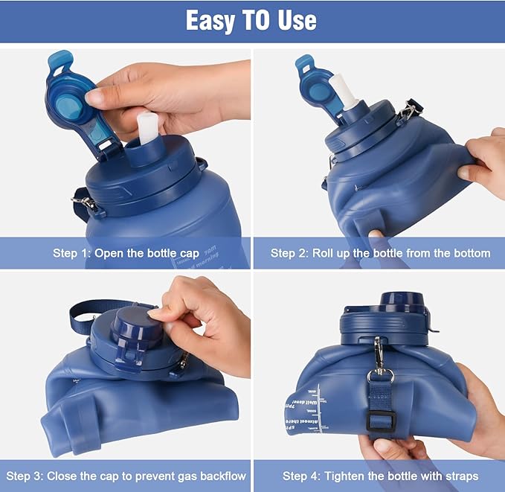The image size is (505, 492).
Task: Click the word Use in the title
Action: (295, 20)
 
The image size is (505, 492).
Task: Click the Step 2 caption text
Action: (380, 253)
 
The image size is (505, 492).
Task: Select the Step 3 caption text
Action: (126, 476)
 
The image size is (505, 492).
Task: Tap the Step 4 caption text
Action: (380, 476)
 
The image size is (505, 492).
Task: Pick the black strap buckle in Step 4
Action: (381, 421)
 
